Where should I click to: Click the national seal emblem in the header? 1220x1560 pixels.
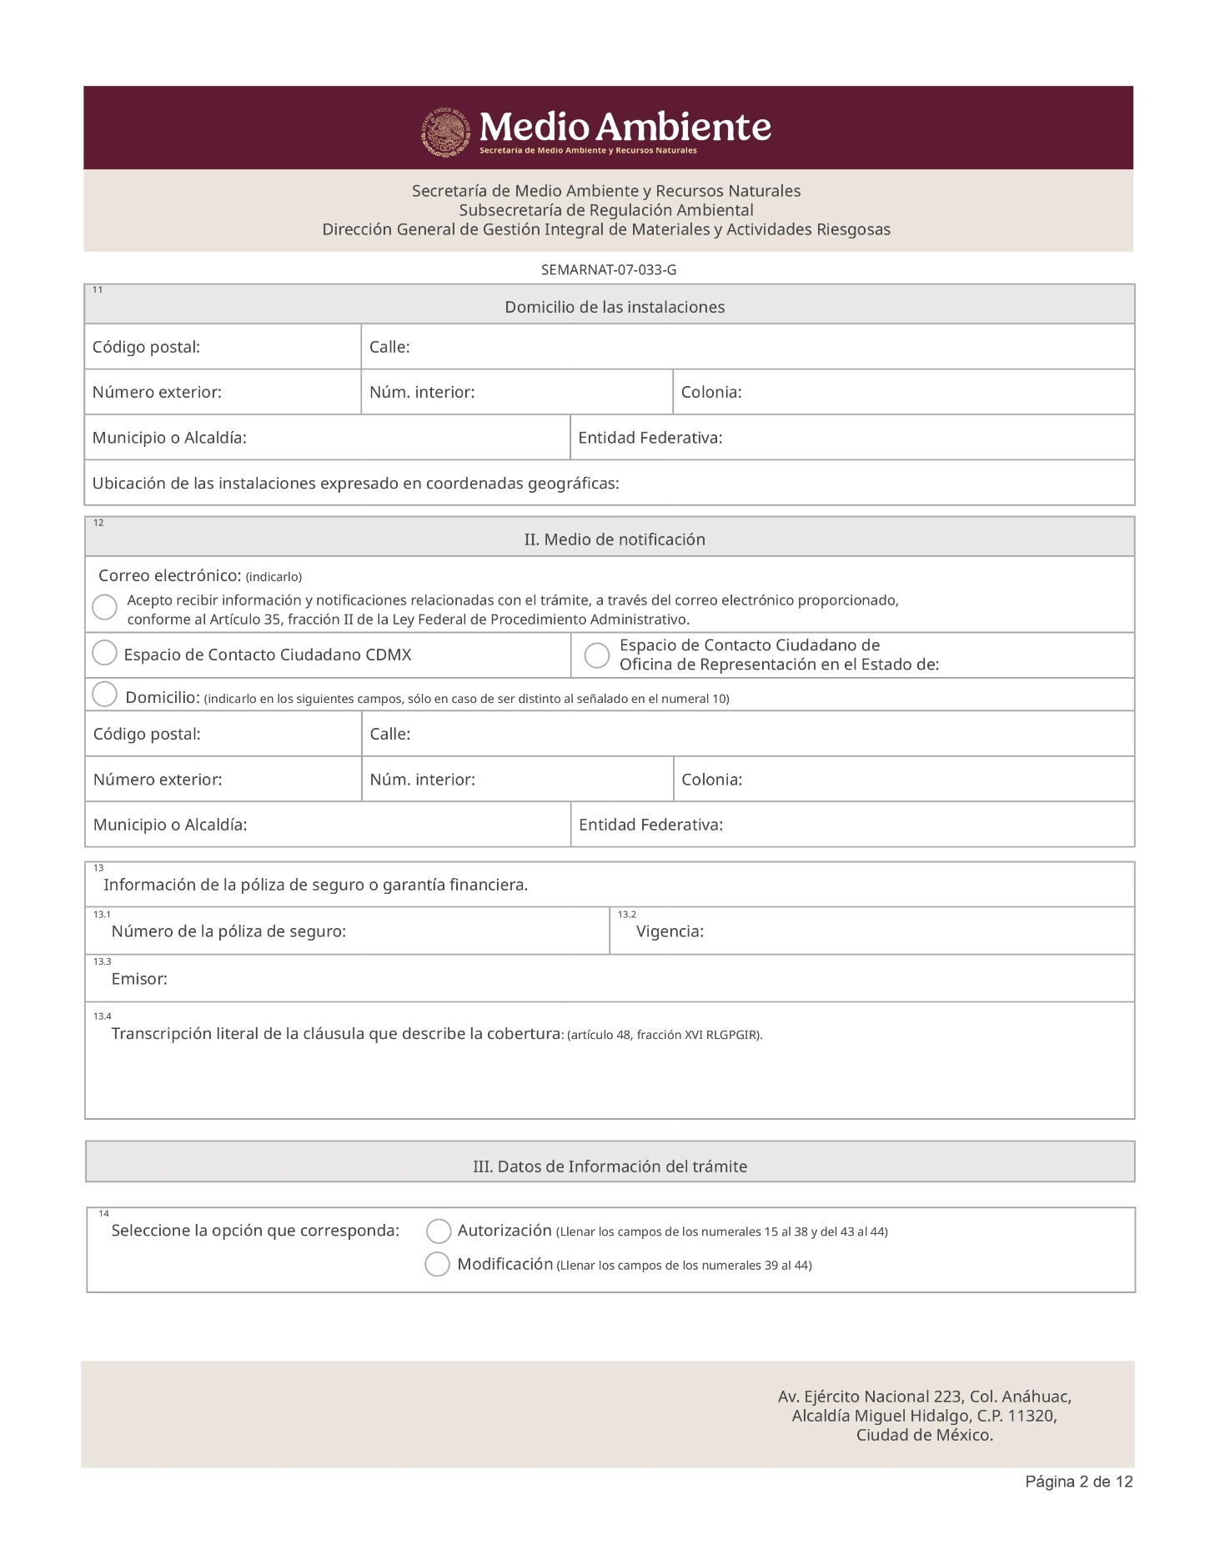click(445, 132)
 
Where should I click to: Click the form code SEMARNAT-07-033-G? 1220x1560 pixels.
click(608, 269)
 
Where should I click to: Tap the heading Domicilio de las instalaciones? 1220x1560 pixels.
click(615, 307)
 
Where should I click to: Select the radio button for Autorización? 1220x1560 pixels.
click(439, 1231)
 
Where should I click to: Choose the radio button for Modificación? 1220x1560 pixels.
click(438, 1264)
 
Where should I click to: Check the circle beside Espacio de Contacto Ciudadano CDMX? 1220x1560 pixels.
click(104, 653)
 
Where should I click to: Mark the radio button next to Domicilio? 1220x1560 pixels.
click(104, 695)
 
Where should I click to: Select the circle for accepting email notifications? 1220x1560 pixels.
click(104, 607)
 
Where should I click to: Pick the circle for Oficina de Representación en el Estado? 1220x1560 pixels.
click(597, 655)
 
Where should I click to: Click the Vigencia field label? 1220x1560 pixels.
click(670, 931)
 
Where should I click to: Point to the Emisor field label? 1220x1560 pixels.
click(139, 979)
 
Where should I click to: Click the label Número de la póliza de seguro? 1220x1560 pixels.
click(228, 931)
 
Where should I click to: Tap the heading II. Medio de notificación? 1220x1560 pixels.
click(615, 539)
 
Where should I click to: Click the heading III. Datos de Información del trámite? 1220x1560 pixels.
click(610, 1166)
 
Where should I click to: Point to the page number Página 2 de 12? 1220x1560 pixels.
click(1078, 1482)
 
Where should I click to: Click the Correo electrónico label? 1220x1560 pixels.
click(169, 575)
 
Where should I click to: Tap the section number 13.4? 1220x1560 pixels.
click(102, 1016)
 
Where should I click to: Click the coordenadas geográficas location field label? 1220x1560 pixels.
click(355, 484)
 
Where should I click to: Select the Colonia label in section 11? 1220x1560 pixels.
click(710, 392)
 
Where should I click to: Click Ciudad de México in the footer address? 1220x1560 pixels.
click(924, 1435)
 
